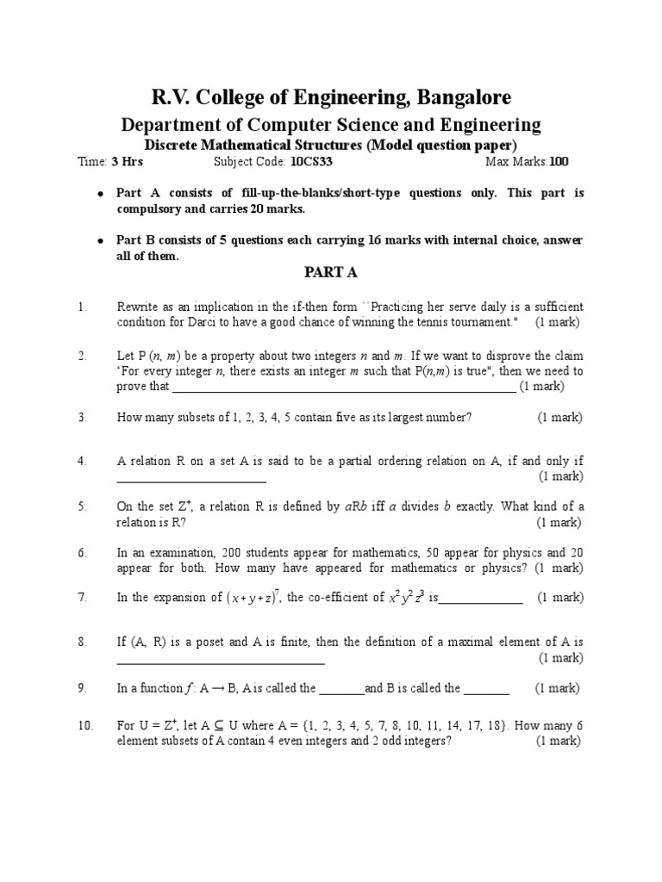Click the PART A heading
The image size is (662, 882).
click(x=331, y=273)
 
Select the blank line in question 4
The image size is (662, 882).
click(x=191, y=477)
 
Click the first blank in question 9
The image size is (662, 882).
click(x=341, y=689)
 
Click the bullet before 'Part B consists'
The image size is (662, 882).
click(x=100, y=241)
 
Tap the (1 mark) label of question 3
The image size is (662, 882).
click(x=560, y=418)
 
